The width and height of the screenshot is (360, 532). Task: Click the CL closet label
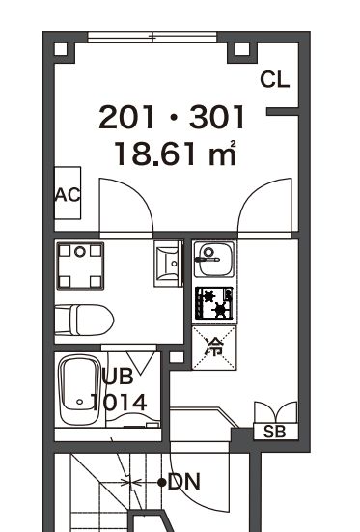(275, 80)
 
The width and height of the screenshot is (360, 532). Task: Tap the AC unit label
(67, 194)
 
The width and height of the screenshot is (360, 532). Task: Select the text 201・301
(173, 119)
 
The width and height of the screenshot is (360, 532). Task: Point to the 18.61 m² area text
(175, 154)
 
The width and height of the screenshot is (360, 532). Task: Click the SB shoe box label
(274, 433)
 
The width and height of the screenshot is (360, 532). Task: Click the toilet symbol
(84, 318)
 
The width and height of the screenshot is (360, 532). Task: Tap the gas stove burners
(213, 303)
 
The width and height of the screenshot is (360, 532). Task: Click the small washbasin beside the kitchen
(167, 261)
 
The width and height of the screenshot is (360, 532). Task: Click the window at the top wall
(152, 39)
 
